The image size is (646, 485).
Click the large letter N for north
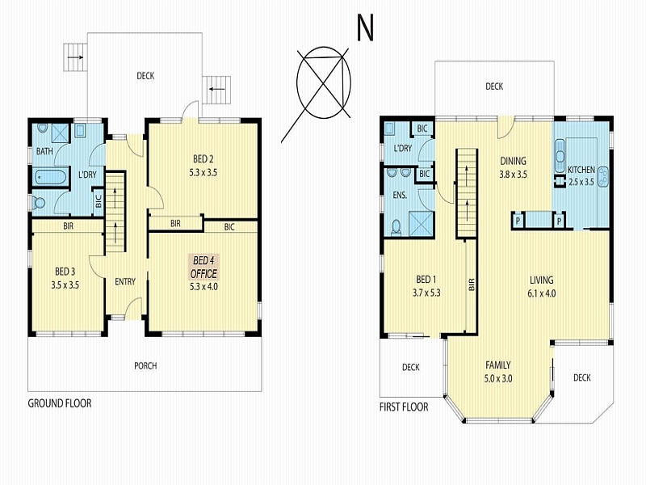pos(365,28)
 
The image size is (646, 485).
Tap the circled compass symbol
pos(324,82)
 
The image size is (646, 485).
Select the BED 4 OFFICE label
pos(203,267)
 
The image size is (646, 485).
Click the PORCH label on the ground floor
pos(145,366)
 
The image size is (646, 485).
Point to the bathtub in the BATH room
pos(50,176)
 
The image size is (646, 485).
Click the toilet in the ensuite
pos(396,228)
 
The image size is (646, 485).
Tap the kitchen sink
pos(560,156)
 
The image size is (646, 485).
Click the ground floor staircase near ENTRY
pos(115,212)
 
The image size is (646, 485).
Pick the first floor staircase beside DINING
pos(467,193)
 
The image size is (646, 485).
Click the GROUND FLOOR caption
pos(60,403)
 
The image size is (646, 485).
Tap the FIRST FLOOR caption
pos(404,407)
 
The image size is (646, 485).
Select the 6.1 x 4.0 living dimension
pos(541,293)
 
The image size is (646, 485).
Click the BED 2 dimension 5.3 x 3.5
pos(203,173)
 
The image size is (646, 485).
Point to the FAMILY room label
pos(498,365)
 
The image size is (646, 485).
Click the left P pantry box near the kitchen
pos(518,221)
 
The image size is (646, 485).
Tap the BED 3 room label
pos(65,272)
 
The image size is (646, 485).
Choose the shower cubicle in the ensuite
pos(421,224)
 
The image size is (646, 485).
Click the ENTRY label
pos(125,281)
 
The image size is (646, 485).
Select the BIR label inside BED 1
pos(472,285)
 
